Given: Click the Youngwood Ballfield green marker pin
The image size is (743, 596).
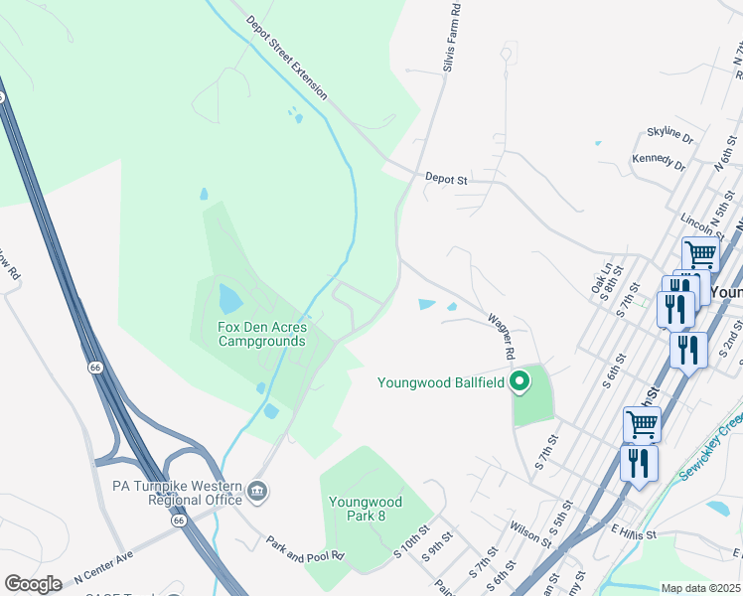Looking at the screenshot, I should [519, 381].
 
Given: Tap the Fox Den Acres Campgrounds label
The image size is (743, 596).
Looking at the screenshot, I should [262, 334].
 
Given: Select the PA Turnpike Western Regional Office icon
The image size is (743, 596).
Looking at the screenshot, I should [256, 490].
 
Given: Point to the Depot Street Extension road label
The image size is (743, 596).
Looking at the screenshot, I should [286, 57].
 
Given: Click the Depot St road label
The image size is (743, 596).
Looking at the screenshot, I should [446, 180].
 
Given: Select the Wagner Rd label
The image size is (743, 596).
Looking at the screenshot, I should [502, 336].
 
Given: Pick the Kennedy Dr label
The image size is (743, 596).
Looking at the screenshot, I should [659, 160].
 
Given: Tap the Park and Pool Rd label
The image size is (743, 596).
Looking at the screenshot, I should [304, 547].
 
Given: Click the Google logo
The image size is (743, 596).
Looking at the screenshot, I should [33, 584].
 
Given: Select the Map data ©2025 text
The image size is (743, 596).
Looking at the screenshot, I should [701, 588].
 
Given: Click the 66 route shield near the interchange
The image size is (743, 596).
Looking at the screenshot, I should [179, 520].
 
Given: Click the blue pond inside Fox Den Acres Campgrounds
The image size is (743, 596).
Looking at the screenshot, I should [229, 298].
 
